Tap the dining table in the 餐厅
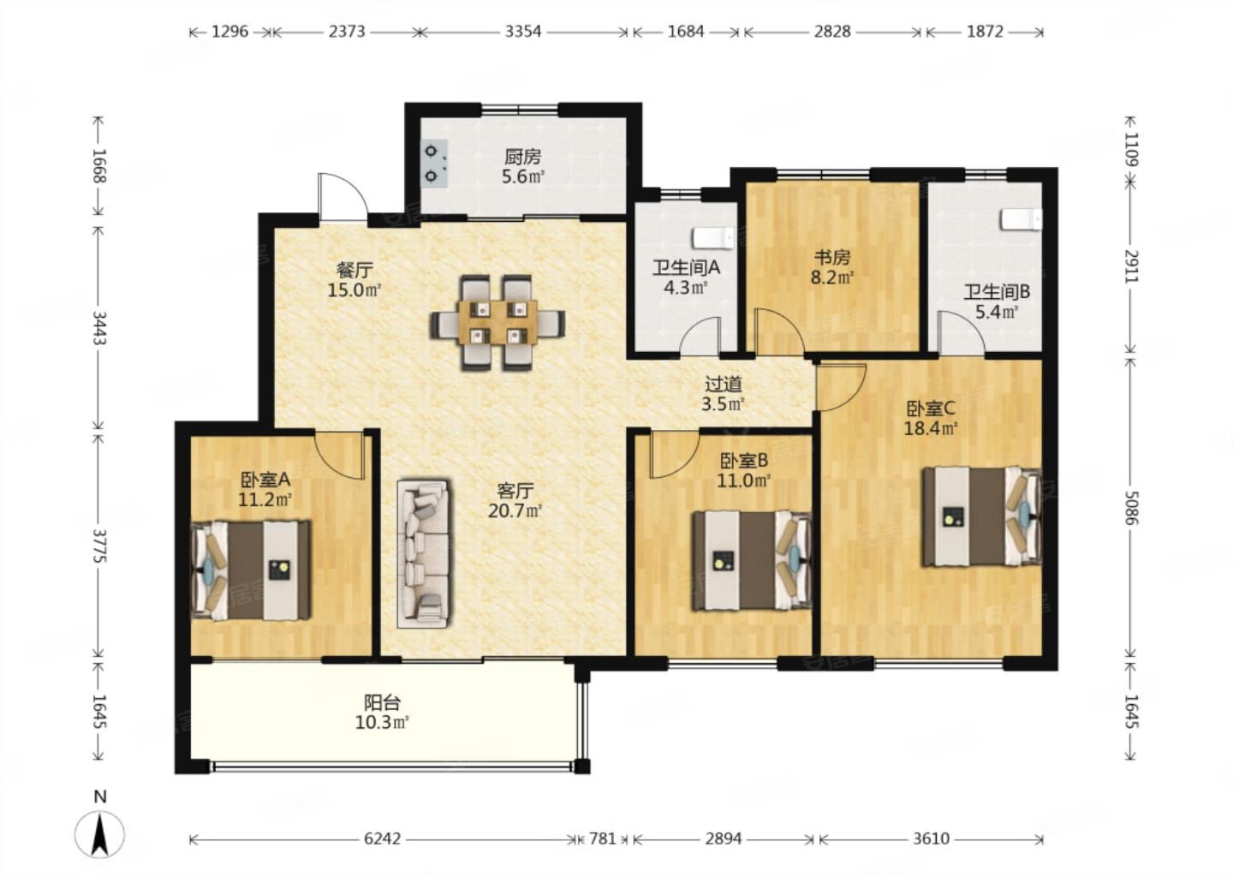(497, 322)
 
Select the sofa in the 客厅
(424, 553)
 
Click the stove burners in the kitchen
(434, 164)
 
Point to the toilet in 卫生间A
(713, 239)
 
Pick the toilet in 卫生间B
(1022, 219)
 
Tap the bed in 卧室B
(752, 560)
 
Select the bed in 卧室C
(982, 517)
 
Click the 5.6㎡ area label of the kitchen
(523, 176)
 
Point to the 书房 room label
(832, 257)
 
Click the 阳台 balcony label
(382, 702)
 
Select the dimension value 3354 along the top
(523, 32)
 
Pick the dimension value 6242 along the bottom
(383, 838)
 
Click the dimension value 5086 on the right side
(1130, 508)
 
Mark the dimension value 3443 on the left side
(99, 327)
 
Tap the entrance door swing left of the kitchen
(343, 194)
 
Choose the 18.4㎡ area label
(931, 427)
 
